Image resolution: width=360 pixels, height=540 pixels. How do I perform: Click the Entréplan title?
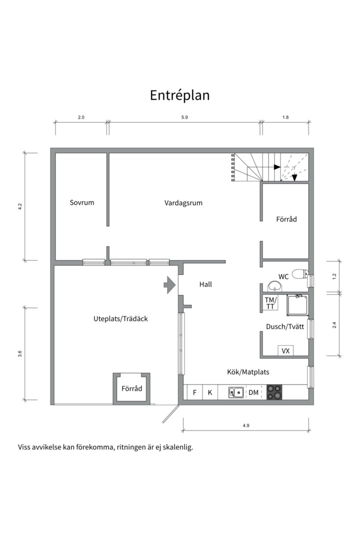pyautogui.click(x=179, y=95)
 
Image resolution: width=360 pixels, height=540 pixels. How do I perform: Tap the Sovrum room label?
pyautogui.click(x=82, y=202)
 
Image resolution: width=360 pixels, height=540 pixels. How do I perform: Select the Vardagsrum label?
pyautogui.click(x=183, y=202)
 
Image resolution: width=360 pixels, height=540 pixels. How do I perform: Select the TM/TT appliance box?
pyautogui.click(x=270, y=303)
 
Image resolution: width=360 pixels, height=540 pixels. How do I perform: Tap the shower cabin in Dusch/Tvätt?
pyautogui.click(x=297, y=305)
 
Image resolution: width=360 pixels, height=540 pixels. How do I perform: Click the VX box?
pyautogui.click(x=285, y=351)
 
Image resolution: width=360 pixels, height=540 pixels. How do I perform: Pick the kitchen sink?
pyautogui.click(x=236, y=392)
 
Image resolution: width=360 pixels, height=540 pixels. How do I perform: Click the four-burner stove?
pyautogui.click(x=274, y=392)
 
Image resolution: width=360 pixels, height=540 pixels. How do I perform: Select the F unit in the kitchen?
pyautogui.click(x=194, y=392)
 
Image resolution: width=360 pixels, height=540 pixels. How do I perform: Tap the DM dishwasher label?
pyautogui.click(x=253, y=392)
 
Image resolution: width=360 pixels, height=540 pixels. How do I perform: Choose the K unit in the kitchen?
pyautogui.click(x=210, y=392)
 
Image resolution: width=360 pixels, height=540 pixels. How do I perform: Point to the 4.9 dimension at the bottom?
pyautogui.click(x=245, y=425)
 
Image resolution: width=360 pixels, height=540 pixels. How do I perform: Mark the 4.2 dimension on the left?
pyautogui.click(x=20, y=206)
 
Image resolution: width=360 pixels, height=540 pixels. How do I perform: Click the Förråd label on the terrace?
pyautogui.click(x=132, y=388)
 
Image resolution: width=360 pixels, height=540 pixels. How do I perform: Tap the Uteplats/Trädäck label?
pyautogui.click(x=120, y=318)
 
